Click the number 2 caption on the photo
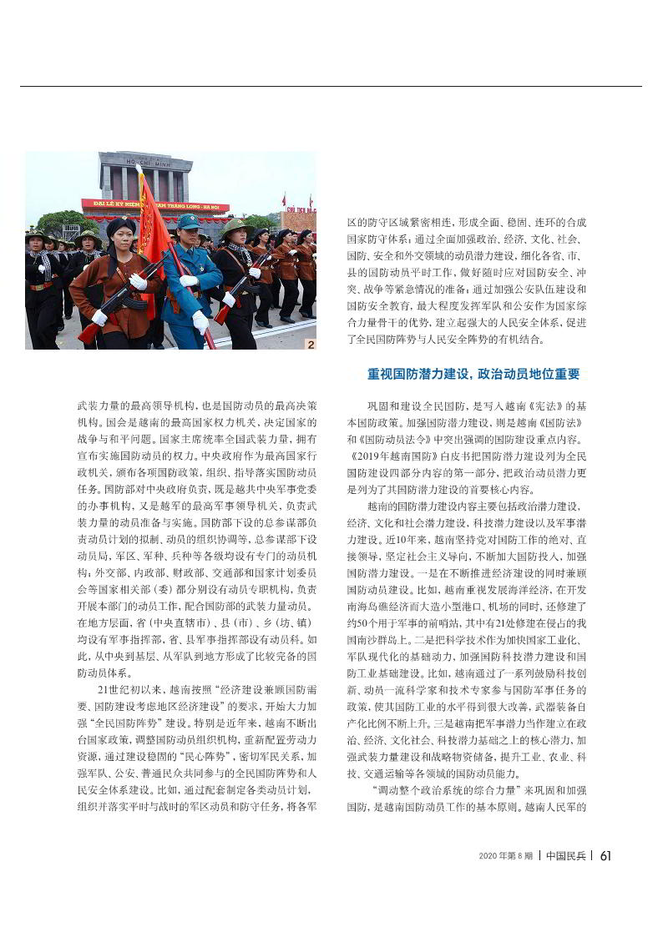[311, 344]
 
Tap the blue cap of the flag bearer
[189, 221]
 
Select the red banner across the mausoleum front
[155, 205]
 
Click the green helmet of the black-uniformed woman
[236, 227]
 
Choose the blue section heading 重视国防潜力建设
[473, 374]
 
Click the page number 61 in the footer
[606, 855]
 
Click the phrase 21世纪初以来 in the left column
[128, 689]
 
